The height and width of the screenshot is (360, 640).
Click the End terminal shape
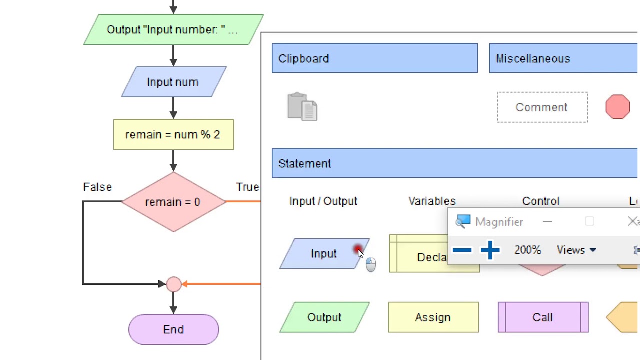pos(173,329)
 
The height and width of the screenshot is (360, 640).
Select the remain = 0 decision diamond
pos(173,202)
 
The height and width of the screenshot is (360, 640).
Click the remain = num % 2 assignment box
pos(173,134)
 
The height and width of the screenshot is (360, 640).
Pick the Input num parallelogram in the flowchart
pos(173,82)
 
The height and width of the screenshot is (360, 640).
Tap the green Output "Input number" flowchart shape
pos(173,29)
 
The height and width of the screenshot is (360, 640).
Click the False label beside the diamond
pos(97,187)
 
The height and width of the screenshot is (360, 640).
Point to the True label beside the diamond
pos(247,187)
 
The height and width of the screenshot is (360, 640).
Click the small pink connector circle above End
pos(173,284)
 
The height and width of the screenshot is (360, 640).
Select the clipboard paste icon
pos(302,106)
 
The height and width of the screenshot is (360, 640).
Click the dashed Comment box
pos(542,107)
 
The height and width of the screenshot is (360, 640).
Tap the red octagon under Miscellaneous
pos(617,107)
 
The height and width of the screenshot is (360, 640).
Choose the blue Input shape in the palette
pos(324,253)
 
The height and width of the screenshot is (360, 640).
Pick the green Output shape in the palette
pos(324,317)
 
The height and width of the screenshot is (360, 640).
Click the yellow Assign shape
pos(433,317)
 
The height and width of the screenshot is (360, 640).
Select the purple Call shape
pos(543,317)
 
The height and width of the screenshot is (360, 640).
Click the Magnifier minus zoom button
pos(462,250)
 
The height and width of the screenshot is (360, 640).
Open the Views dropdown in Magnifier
pos(576,250)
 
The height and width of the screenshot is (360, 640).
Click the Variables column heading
pos(432,201)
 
